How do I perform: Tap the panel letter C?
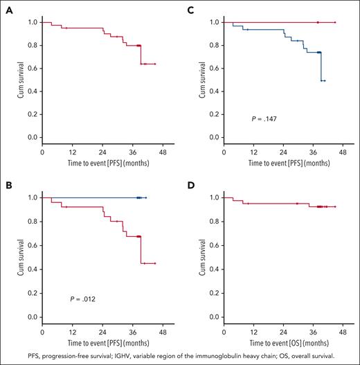click(x=189, y=9)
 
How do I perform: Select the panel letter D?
click(x=189, y=185)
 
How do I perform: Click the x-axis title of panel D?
click(x=274, y=341)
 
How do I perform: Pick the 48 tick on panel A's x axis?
click(x=160, y=152)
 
